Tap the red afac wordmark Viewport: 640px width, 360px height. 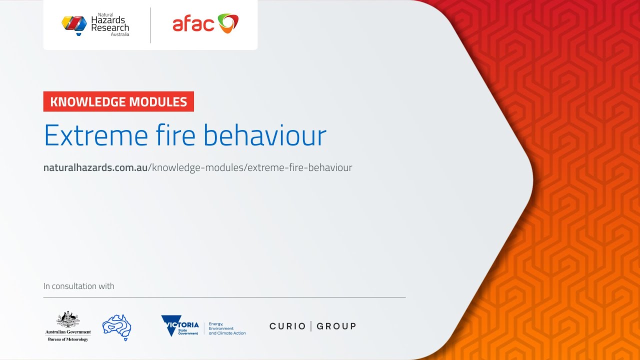point(193,24)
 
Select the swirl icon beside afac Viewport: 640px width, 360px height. point(228,23)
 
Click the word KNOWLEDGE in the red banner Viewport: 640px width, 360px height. point(87,102)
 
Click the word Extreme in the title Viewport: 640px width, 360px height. point(95,135)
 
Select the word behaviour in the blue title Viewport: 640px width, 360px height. point(265,135)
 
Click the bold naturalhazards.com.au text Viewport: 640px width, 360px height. point(95,168)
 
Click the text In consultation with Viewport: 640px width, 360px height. point(79,286)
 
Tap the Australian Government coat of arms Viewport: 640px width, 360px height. point(68,319)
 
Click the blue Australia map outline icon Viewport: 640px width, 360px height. point(116,327)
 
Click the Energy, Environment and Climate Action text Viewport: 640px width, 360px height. point(227,328)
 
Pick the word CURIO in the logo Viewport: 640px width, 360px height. point(287,326)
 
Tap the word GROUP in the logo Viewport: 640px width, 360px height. point(336,326)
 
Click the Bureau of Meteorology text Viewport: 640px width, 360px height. point(68,339)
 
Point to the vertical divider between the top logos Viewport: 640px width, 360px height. point(150,25)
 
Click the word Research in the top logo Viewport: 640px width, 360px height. point(110,28)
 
